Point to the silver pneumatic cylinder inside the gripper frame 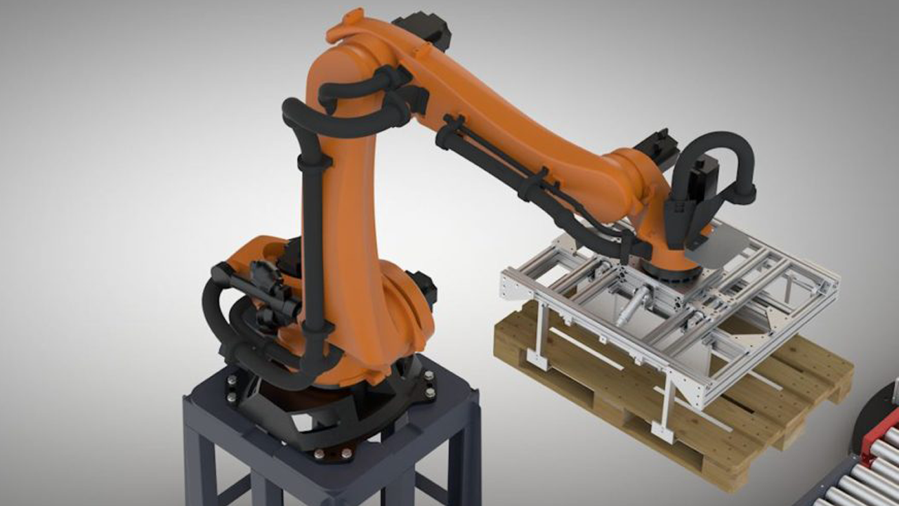click(635, 305)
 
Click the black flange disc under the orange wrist click(670, 270)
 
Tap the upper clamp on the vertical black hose click(315, 162)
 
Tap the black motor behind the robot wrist click(657, 148)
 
